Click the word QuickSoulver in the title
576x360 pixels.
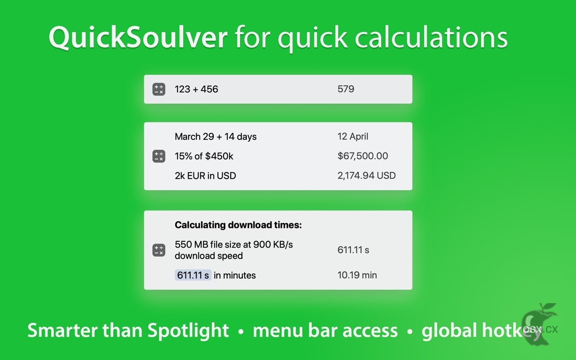tap(138, 37)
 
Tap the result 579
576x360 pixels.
tap(346, 89)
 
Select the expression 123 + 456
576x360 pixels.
tap(197, 89)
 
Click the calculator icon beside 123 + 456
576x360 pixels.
tap(159, 89)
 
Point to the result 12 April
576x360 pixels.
tap(353, 136)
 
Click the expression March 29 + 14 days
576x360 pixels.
tap(215, 137)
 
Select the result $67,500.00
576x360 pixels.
tap(362, 156)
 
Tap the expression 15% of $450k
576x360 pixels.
tap(204, 156)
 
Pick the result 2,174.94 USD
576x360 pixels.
tap(366, 176)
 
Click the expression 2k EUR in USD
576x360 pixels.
tap(205, 176)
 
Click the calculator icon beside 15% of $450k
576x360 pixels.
tap(159, 156)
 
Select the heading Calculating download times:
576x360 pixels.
tap(238, 225)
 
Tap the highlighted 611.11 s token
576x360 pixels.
tap(193, 275)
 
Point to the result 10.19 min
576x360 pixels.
tap(357, 275)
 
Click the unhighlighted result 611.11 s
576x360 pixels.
tap(353, 250)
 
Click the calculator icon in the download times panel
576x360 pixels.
tap(159, 250)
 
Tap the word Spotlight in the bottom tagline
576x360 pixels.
tap(188, 331)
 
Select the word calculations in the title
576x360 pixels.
tap(431, 37)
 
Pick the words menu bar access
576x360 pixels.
tap(325, 330)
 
